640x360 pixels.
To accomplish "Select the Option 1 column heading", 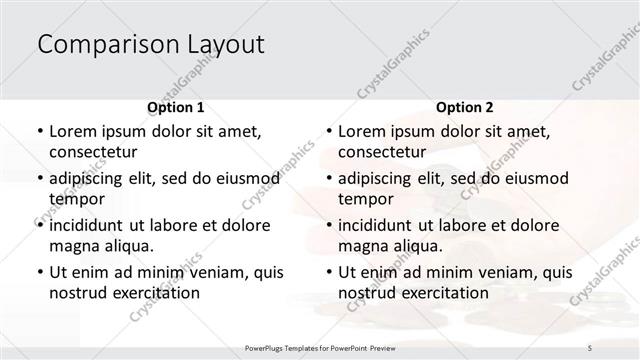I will coord(176,106).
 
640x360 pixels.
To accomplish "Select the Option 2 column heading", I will coord(465,106).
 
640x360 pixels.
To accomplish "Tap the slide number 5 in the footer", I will coord(589,346).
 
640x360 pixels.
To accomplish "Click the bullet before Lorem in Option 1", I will coord(38,131).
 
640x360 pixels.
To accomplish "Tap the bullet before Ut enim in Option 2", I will coord(328,271).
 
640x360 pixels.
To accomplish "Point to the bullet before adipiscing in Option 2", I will coord(328,178).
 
